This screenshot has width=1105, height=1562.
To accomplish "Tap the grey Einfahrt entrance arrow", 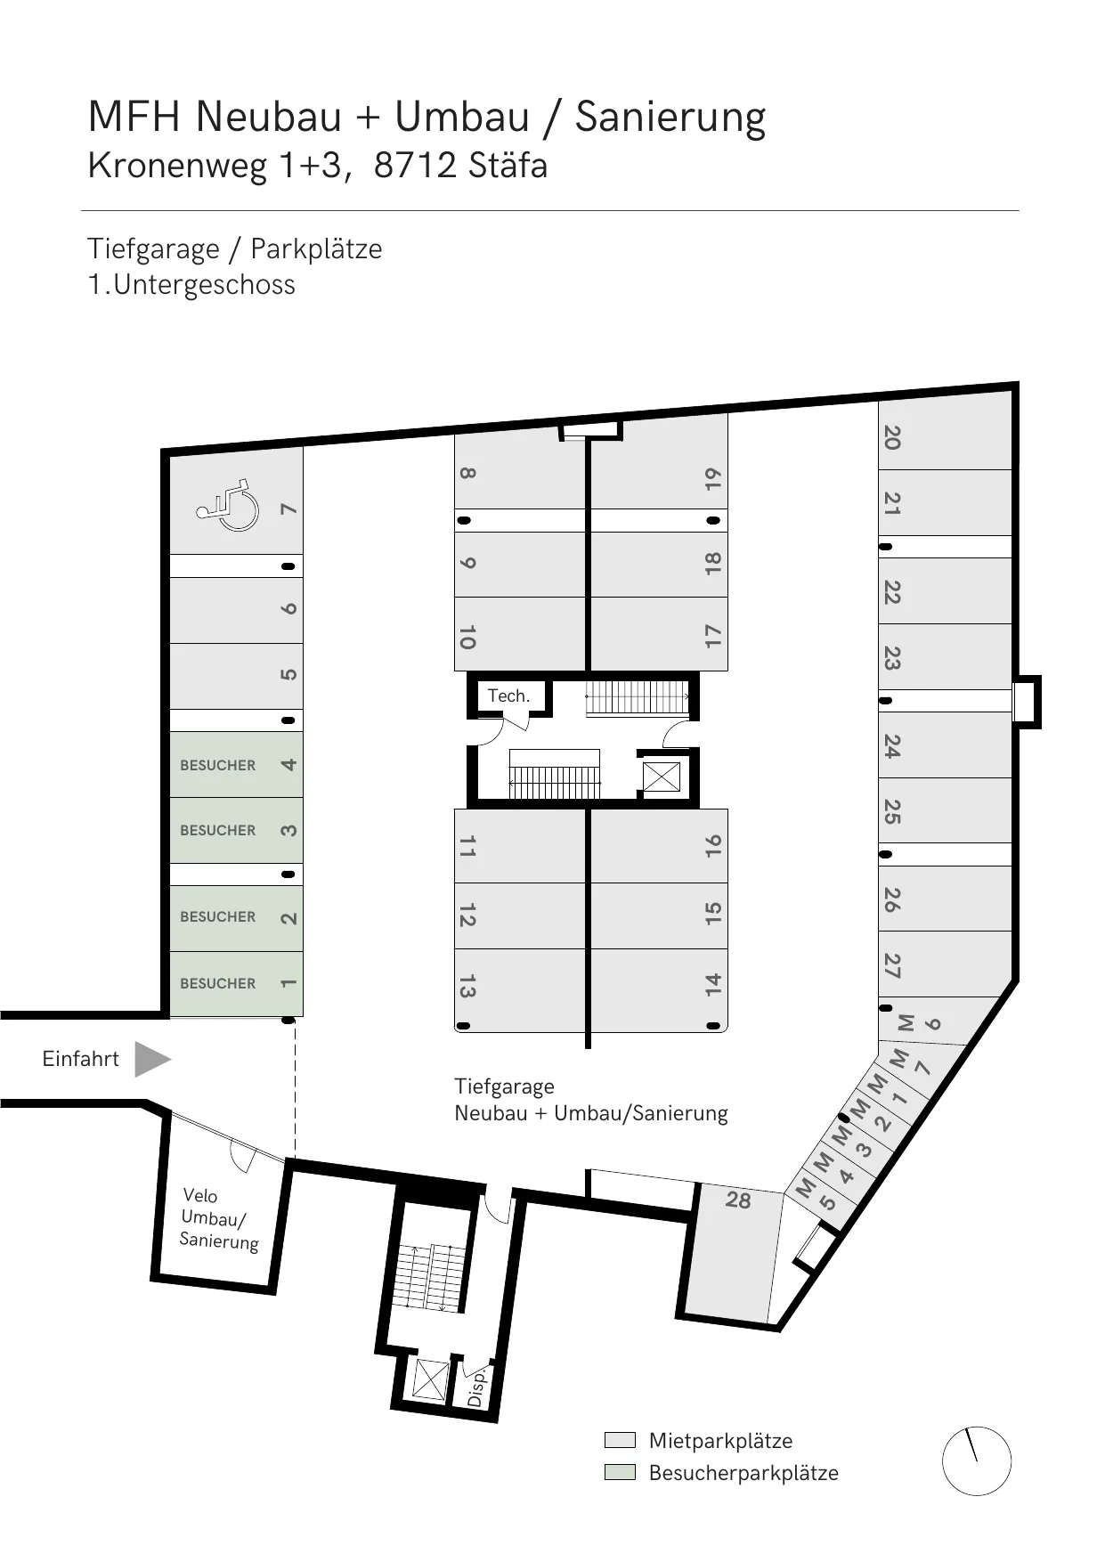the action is (x=152, y=1059).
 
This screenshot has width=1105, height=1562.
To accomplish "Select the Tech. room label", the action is (x=508, y=696).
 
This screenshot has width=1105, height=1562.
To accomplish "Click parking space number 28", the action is (x=738, y=1200).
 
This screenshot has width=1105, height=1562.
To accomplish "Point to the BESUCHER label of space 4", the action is (x=217, y=765).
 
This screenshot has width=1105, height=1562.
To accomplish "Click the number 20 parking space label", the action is (x=891, y=437).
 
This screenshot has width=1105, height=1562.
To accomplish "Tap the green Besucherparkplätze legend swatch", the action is (x=620, y=1471).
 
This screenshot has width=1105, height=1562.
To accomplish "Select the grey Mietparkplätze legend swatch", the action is (x=620, y=1440).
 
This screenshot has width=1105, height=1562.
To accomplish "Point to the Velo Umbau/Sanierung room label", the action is (x=218, y=1218).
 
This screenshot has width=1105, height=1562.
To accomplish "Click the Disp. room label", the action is (x=477, y=1387).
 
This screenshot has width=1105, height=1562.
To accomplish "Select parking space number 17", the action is (x=712, y=636).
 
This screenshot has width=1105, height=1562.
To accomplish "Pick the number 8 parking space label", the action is (x=467, y=474).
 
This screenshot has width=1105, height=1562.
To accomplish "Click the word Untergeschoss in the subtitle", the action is (x=204, y=285).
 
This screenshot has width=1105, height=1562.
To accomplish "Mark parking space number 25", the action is (x=891, y=811).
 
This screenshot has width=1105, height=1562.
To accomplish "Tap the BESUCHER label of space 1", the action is (x=217, y=983).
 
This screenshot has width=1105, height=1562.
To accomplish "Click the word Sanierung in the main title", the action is (x=670, y=118).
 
